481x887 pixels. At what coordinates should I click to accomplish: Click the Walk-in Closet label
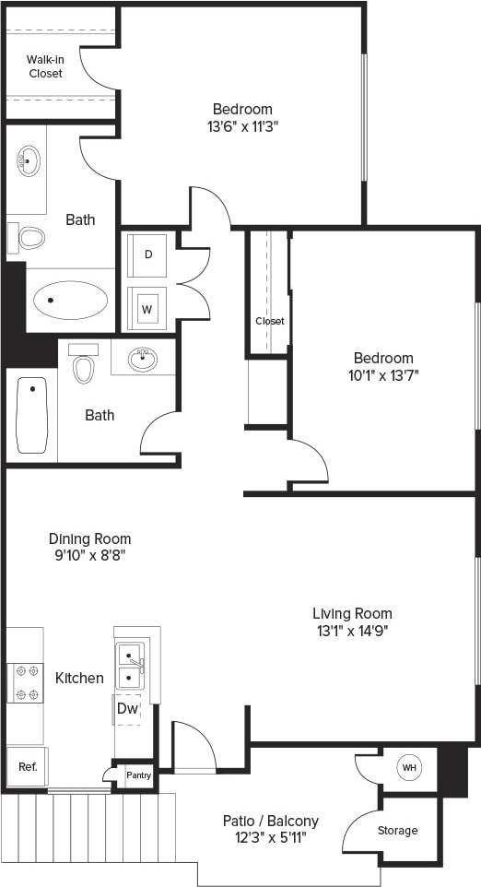[x=44, y=66]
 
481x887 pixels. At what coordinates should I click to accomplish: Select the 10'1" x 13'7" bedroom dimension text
[x=383, y=375]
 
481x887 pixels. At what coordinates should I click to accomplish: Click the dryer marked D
[x=147, y=254]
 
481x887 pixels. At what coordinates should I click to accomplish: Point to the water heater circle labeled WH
[x=409, y=767]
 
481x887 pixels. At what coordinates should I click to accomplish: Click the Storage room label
[x=397, y=830]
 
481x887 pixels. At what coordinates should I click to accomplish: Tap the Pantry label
[x=138, y=775]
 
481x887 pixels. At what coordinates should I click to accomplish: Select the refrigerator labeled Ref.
[x=27, y=767]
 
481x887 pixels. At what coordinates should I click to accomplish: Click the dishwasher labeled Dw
[x=128, y=709]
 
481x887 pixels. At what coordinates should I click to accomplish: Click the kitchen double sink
[x=130, y=666]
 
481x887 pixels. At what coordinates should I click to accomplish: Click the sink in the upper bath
[x=29, y=162]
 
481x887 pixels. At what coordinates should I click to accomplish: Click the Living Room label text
[x=352, y=613]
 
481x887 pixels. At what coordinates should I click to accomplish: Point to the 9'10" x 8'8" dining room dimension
[x=89, y=555]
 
